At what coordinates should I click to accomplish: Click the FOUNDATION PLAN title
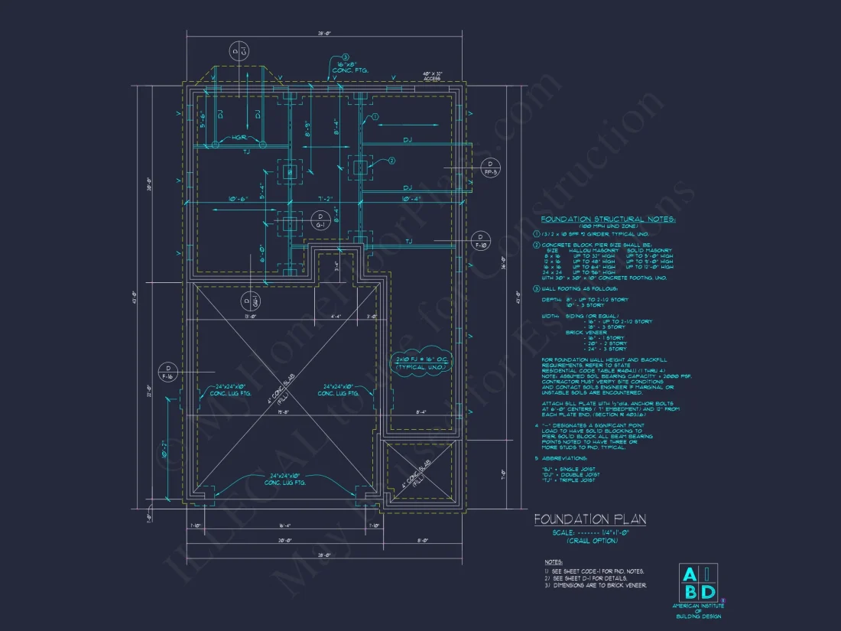(x=589, y=520)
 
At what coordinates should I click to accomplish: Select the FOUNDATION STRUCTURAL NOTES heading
(x=608, y=220)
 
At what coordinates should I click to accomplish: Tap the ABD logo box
(x=699, y=582)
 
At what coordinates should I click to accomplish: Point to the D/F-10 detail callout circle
(x=481, y=241)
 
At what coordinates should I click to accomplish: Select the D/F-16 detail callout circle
(x=167, y=372)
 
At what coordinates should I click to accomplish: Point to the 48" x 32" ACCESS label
(x=433, y=76)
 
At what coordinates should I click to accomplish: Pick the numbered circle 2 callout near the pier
(x=391, y=161)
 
